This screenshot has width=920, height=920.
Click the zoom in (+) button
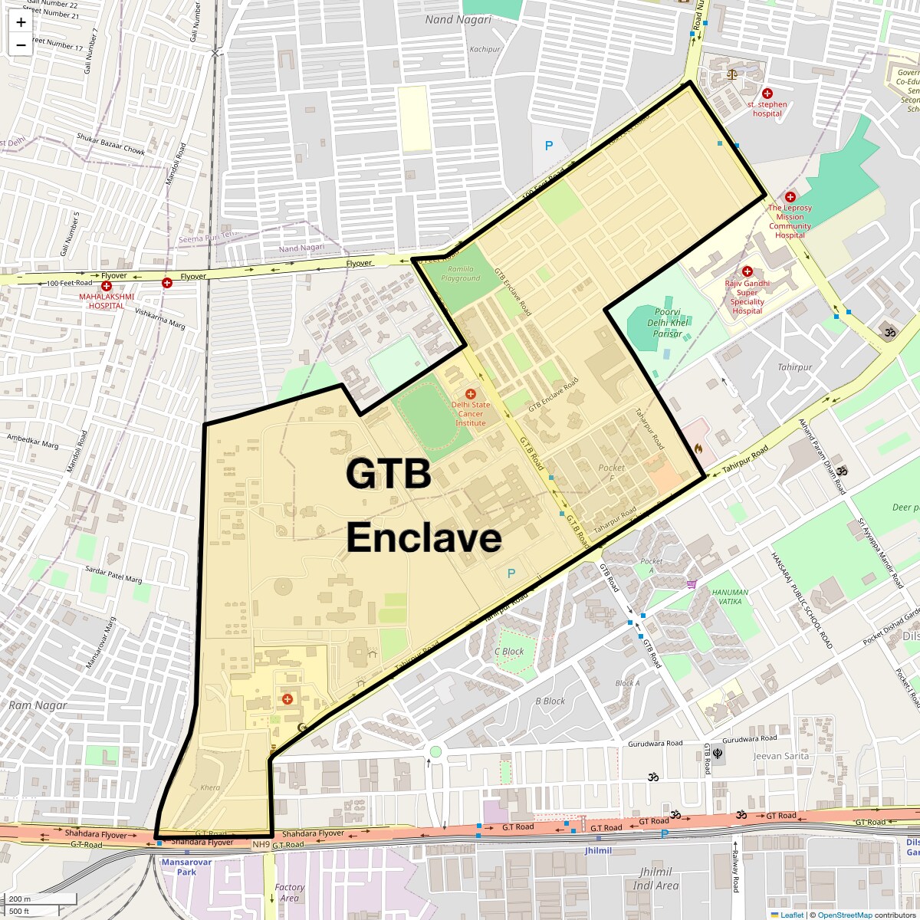(x=21, y=21)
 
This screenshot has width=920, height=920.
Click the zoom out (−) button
(x=21, y=44)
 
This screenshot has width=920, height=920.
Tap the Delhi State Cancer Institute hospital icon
(x=471, y=393)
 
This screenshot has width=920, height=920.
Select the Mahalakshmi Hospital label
(x=107, y=301)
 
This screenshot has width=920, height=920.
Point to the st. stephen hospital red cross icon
(x=767, y=93)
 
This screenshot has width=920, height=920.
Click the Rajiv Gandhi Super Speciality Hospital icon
(x=747, y=271)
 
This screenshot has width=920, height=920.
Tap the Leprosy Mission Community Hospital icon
(x=790, y=197)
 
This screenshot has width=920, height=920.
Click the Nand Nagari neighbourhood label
(x=458, y=20)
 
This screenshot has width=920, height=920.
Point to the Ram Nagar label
(x=38, y=705)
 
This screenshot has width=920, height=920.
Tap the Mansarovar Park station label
(x=186, y=867)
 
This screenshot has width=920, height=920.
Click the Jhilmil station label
(x=598, y=851)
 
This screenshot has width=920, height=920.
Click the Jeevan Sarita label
(x=781, y=756)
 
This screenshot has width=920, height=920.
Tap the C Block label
(x=509, y=652)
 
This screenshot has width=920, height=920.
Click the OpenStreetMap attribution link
(x=846, y=915)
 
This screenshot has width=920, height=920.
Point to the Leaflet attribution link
(x=791, y=915)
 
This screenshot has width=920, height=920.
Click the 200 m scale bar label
(x=21, y=899)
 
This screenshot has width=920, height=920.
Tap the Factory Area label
(x=289, y=892)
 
